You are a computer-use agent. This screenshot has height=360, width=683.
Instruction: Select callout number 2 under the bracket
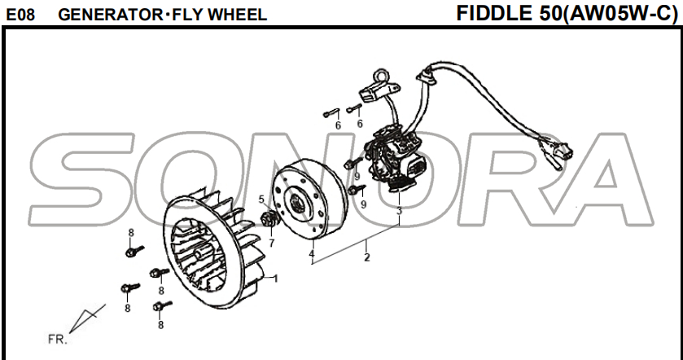[x=367, y=258]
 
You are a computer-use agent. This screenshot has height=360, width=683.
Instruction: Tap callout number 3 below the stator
[x=399, y=211]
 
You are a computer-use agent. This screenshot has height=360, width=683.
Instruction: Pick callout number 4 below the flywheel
[x=312, y=255]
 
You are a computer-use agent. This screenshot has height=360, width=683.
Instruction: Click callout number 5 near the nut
[x=261, y=200]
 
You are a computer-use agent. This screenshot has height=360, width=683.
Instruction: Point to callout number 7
[x=271, y=242]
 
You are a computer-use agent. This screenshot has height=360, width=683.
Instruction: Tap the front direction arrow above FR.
[x=88, y=317]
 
